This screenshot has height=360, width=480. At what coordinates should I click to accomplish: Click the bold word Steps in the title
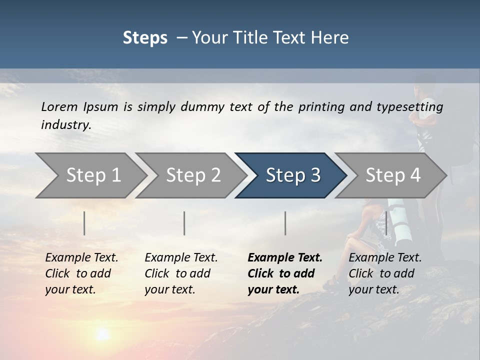point(145,38)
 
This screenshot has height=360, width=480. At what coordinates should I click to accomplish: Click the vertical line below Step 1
point(84,223)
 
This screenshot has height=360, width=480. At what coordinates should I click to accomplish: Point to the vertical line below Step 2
point(184,223)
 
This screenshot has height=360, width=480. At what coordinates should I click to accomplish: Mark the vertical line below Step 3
point(285,223)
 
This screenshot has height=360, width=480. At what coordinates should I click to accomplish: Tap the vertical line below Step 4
point(386,223)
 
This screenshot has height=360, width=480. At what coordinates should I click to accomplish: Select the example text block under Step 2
point(180,273)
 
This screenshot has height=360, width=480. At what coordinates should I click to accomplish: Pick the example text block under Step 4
point(384,273)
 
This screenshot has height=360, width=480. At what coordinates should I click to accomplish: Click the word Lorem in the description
point(59,106)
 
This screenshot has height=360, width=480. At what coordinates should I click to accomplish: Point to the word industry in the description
point(65,125)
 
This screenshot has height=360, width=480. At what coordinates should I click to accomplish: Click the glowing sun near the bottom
point(103,334)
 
